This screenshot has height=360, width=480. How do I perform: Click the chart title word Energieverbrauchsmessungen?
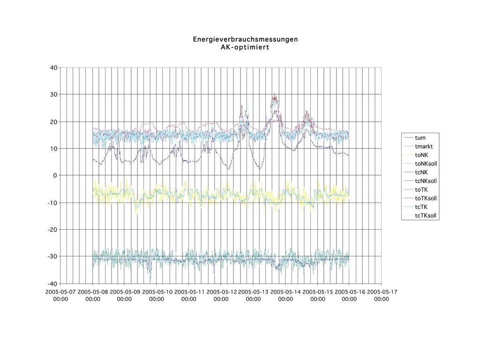245,39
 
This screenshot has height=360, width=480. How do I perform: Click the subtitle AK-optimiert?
245,47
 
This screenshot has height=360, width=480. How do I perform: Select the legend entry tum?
420,138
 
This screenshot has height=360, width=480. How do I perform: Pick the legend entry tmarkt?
424,147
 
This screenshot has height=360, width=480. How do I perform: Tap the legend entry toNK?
422,155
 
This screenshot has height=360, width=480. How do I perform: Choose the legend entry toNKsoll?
426,164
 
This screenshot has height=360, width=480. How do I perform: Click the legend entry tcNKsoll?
426,181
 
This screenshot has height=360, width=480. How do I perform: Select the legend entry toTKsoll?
426,198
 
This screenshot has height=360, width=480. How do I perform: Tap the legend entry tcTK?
421,207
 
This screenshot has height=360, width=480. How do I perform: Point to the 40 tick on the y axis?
53,67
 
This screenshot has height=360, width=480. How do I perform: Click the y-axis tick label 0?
55,175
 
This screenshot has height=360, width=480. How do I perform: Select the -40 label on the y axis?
52,284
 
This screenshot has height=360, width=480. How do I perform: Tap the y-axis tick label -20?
52,230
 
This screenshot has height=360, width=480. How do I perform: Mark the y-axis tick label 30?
53,95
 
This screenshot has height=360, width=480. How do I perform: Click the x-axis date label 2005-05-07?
60,292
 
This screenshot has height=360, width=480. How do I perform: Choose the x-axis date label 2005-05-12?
221,292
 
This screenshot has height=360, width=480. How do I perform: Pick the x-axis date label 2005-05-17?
381,292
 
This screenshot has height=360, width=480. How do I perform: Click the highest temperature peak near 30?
274,95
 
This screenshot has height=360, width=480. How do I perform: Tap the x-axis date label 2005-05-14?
285,292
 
